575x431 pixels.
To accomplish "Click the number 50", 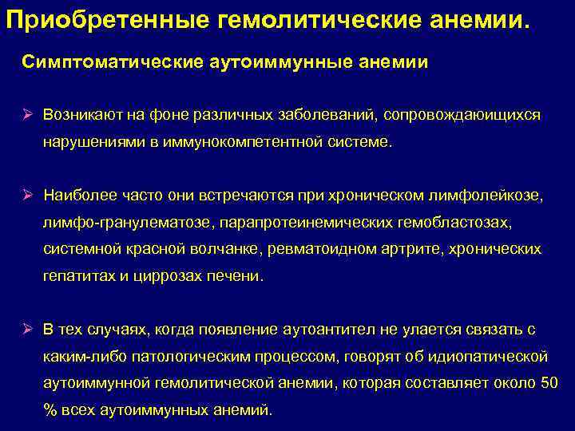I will [549, 383].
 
